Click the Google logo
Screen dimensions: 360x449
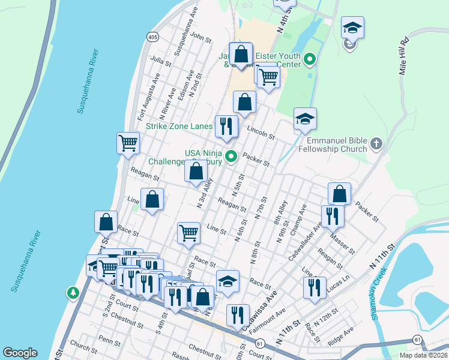[20, 353]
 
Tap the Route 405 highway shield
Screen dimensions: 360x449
[153, 37]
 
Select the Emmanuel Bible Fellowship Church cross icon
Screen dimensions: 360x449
[376, 143]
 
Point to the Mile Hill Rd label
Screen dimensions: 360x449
[404, 56]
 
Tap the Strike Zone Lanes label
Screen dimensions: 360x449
[179, 127]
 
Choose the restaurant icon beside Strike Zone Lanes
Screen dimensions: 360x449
[226, 125]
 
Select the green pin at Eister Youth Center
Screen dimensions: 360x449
[310, 59]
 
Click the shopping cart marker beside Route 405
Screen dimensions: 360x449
[128, 143]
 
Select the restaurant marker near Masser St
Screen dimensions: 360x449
[332, 215]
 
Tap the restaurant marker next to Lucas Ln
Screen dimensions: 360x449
[314, 287]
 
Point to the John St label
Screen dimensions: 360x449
[201, 37]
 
